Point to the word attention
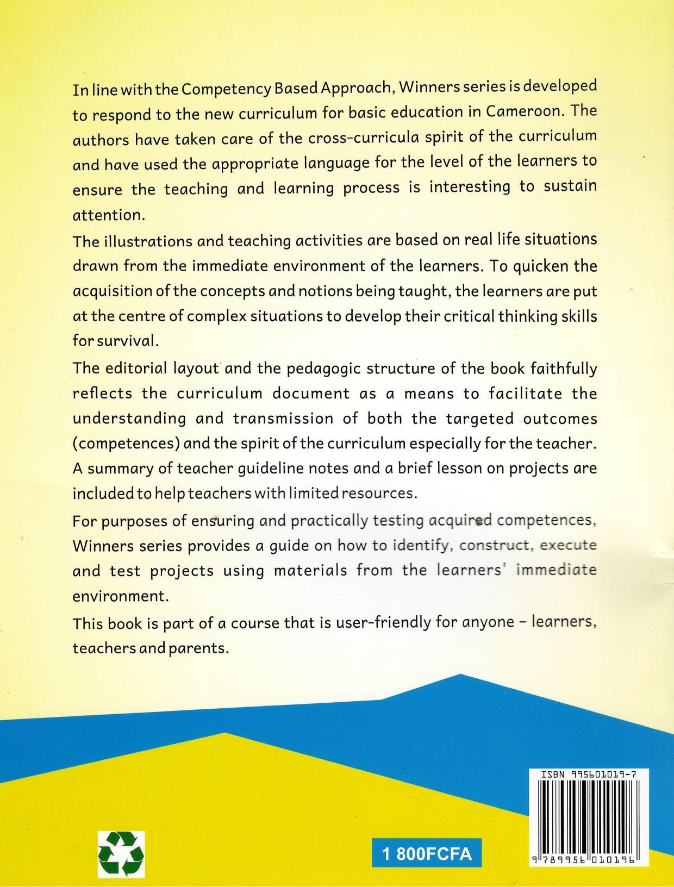click(x=108, y=215)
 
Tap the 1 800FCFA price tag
click(x=427, y=854)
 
